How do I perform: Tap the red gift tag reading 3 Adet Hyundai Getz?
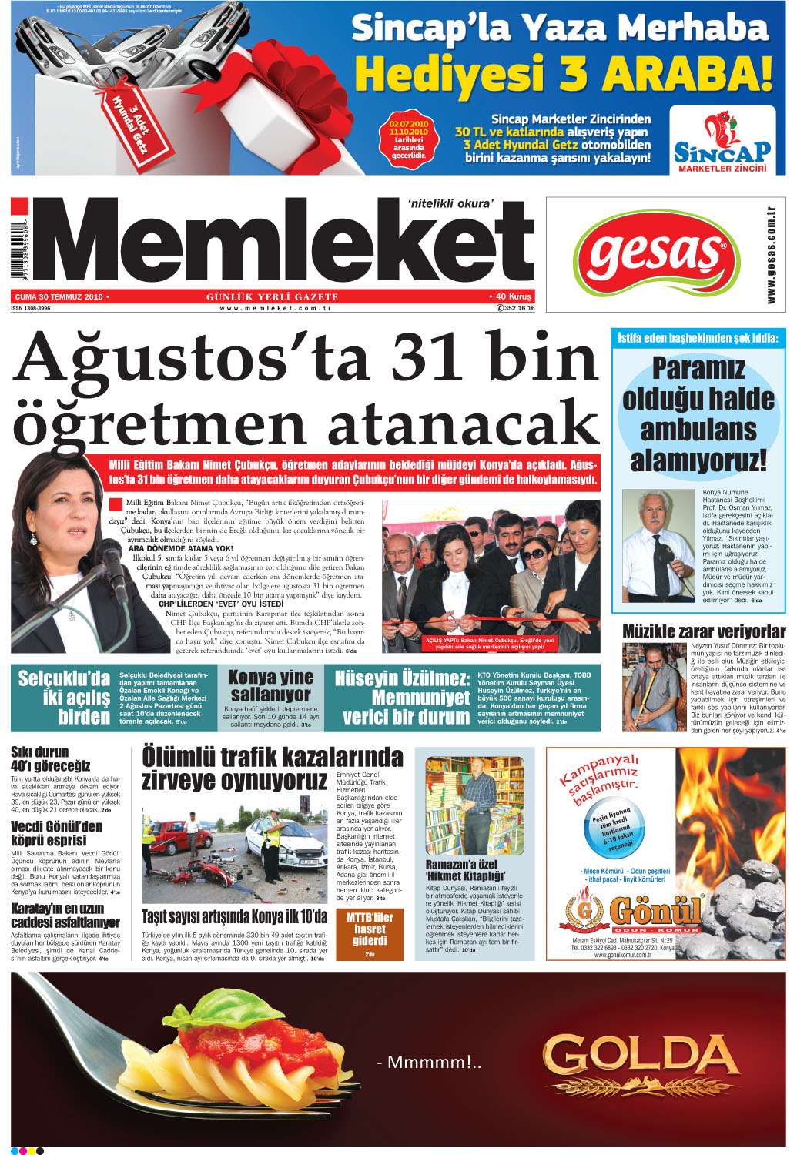[129, 120]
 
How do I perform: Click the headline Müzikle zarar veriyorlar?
[704, 631]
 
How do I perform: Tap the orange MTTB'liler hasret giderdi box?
[370, 934]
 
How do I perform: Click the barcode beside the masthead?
[17, 244]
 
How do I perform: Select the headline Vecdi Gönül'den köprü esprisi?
[56, 833]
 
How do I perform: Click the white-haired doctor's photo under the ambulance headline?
[658, 546]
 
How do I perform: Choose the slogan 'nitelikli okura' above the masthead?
[450, 203]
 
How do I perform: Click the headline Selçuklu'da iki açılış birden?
[64, 698]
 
